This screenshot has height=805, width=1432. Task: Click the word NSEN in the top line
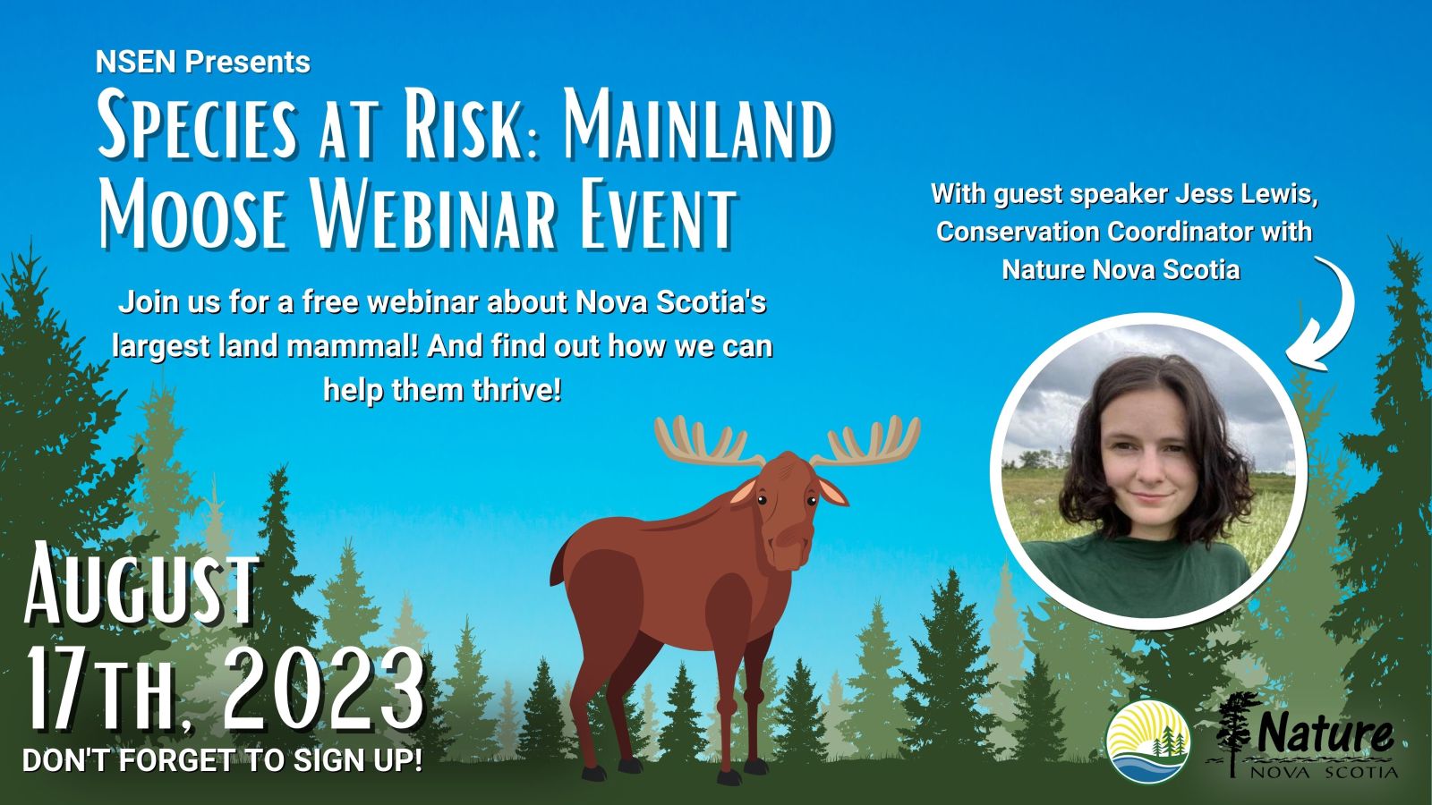(135, 62)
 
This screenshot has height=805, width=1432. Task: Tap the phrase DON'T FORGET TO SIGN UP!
(223, 760)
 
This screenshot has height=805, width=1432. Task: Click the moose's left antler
(706, 441)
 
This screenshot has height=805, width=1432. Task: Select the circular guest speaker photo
(1148, 470)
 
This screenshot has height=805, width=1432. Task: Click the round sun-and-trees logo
(1148, 741)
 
